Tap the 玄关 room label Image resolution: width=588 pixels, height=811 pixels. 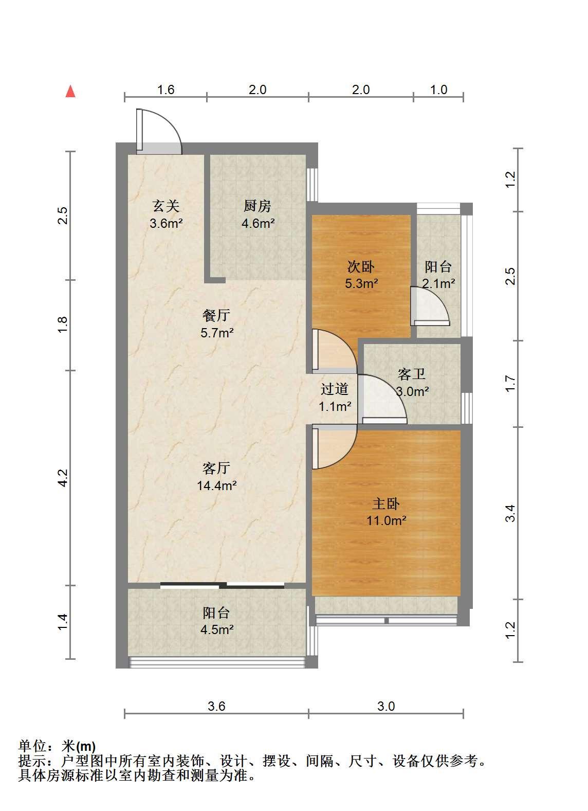pos(166,206)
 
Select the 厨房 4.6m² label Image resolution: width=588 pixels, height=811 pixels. pos(258,214)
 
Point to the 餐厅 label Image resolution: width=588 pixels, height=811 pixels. pos(216,315)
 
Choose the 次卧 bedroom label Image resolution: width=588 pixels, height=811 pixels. pos(361,267)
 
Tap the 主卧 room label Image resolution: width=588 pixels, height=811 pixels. pos(386,503)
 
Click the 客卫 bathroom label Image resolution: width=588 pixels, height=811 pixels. pos(411,374)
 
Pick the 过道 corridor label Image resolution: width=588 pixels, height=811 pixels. pos(334,389)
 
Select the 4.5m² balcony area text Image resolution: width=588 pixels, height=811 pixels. pos(217,629)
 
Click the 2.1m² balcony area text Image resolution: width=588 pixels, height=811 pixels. pos(438,283)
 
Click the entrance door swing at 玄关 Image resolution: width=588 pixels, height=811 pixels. pos(159,132)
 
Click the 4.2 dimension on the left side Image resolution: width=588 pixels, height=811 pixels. pos(63,478)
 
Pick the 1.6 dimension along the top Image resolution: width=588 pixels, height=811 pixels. pos(166,90)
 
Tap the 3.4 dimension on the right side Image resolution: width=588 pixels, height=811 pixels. pos(510,513)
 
